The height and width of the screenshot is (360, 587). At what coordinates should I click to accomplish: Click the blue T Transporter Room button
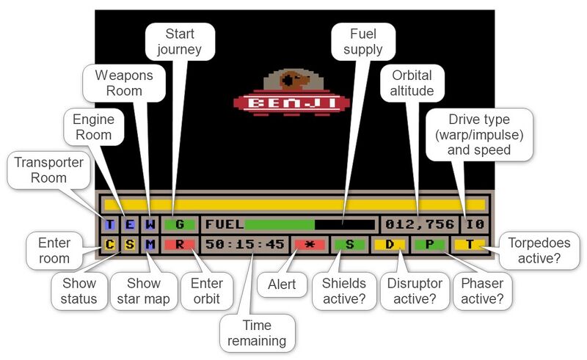pyautogui.click(x=109, y=224)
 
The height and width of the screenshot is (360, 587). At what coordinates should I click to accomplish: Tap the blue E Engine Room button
pyautogui.click(x=129, y=224)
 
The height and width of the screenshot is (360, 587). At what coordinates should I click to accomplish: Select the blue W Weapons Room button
pyautogui.click(x=149, y=224)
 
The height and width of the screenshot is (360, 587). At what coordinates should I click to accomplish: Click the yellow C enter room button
pyautogui.click(x=109, y=244)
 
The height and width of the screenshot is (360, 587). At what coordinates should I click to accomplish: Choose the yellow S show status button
pyautogui.click(x=129, y=244)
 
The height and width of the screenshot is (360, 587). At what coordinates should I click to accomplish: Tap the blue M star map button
pyautogui.click(x=149, y=244)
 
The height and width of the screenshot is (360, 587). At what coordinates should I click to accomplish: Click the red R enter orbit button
pyautogui.click(x=180, y=244)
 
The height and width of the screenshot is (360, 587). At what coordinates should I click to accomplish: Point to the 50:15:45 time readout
pyautogui.click(x=245, y=244)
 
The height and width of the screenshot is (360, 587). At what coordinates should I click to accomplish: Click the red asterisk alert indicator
pyautogui.click(x=309, y=244)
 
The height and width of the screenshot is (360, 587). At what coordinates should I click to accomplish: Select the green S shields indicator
pyautogui.click(x=349, y=244)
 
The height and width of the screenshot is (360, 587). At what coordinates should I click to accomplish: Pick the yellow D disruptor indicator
pyautogui.click(x=390, y=244)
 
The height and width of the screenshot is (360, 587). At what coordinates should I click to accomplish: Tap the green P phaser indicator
pyautogui.click(x=429, y=244)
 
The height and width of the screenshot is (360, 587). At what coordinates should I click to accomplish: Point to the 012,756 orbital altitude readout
pyautogui.click(x=419, y=224)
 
